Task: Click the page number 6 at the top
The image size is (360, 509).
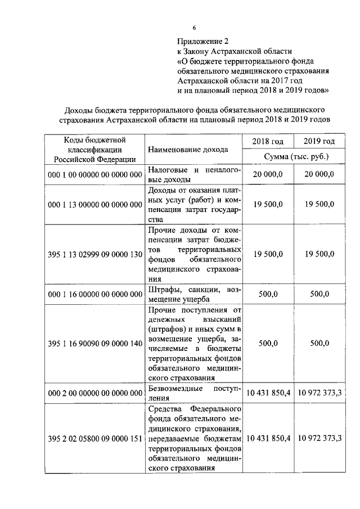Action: click(x=194, y=28)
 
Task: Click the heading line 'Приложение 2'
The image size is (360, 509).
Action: click(x=204, y=41)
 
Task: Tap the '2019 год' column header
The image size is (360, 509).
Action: click(x=319, y=141)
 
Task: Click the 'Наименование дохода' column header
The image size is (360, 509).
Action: click(x=188, y=150)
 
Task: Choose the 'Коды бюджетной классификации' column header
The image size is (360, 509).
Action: click(x=94, y=149)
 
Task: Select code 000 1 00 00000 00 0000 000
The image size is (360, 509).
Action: click(x=94, y=175)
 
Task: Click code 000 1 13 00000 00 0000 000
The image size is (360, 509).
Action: click(x=94, y=204)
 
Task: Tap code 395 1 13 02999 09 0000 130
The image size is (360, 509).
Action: click(x=94, y=254)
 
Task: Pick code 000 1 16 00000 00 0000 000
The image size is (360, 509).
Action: click(x=94, y=294)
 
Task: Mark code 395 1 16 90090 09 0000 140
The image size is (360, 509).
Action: click(x=94, y=343)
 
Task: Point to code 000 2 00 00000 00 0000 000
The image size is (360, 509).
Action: click(x=94, y=393)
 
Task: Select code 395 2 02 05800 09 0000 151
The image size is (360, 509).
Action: click(x=94, y=438)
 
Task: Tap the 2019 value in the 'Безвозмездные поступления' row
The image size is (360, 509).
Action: click(x=319, y=393)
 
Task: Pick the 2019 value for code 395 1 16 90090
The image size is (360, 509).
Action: click(x=319, y=343)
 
